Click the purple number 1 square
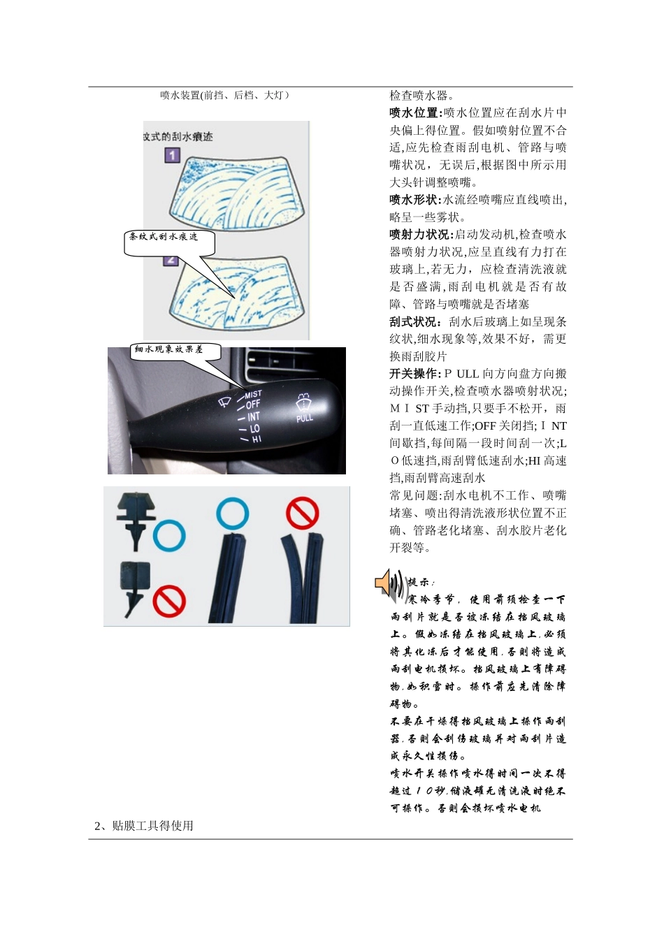click(x=173, y=154)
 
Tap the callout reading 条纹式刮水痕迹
click(x=164, y=238)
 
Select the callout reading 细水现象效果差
click(x=168, y=349)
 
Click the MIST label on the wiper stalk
click(x=253, y=395)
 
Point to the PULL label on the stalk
click(x=305, y=418)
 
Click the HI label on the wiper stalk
click(x=257, y=439)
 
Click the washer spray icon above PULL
click(x=303, y=402)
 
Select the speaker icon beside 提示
click(x=389, y=583)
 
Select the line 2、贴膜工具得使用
click(x=144, y=826)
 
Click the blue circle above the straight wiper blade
click(x=233, y=514)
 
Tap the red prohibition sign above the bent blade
click(x=302, y=514)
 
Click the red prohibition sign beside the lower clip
click(x=168, y=601)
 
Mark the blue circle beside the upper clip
click(x=168, y=536)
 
